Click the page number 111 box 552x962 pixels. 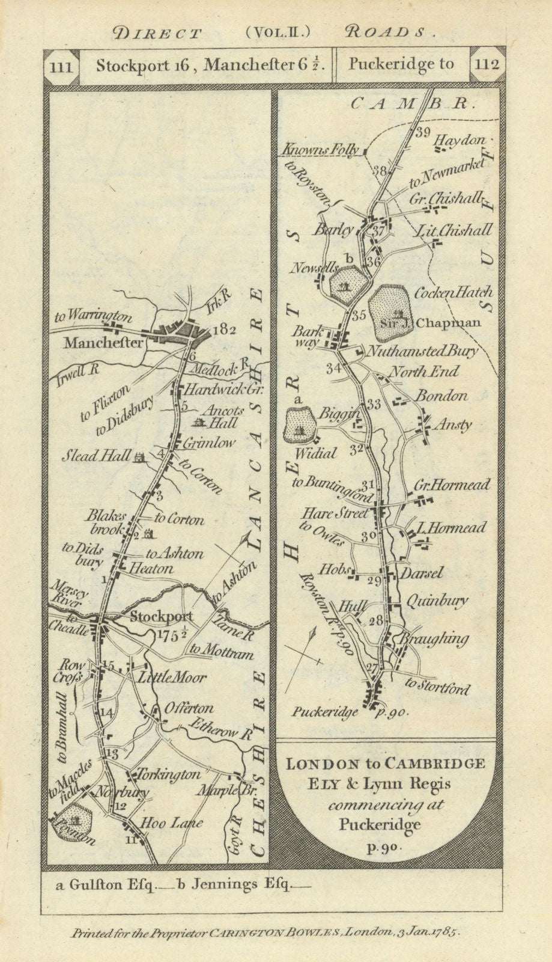coord(62,66)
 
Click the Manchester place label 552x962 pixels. coord(103,343)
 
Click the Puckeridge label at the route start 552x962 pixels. coord(325,712)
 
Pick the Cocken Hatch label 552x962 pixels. coord(453,293)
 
